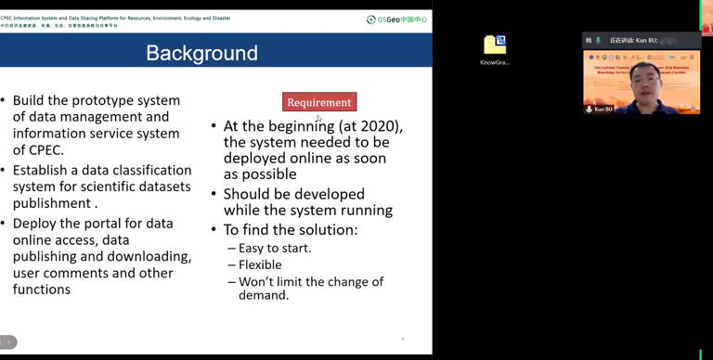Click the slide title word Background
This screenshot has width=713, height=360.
(x=201, y=53)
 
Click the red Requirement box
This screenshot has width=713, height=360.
(x=319, y=102)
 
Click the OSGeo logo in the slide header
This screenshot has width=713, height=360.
(x=397, y=19)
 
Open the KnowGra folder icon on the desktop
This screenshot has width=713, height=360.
(x=495, y=45)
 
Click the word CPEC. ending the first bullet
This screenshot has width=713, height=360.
(x=46, y=150)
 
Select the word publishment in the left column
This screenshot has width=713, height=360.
(x=52, y=203)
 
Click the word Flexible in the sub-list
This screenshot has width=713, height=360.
(x=260, y=264)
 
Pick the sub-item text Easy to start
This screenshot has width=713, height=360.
(x=275, y=248)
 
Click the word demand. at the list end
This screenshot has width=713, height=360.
(x=264, y=296)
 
